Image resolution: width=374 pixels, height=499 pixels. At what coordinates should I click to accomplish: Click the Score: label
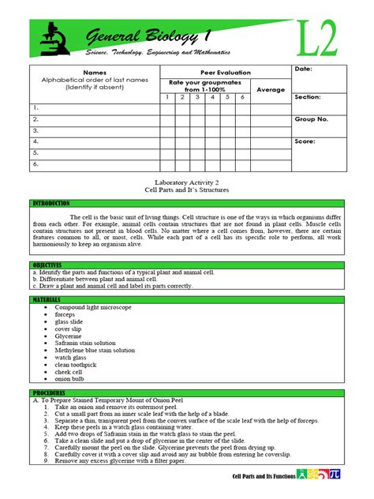coord(305,141)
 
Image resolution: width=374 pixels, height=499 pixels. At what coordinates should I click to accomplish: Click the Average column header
coord(271,89)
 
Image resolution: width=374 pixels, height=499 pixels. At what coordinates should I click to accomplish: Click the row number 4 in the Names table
coord(35,141)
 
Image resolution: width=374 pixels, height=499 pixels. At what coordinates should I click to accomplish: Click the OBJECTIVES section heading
coord(47,265)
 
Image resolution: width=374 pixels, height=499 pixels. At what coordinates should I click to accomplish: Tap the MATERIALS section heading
coord(47,300)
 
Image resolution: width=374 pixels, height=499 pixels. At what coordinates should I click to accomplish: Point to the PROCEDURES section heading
coord(48,392)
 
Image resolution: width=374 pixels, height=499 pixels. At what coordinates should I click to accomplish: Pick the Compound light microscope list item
coord(99,307)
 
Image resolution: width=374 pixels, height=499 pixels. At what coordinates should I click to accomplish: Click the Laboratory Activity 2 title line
coord(186,182)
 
